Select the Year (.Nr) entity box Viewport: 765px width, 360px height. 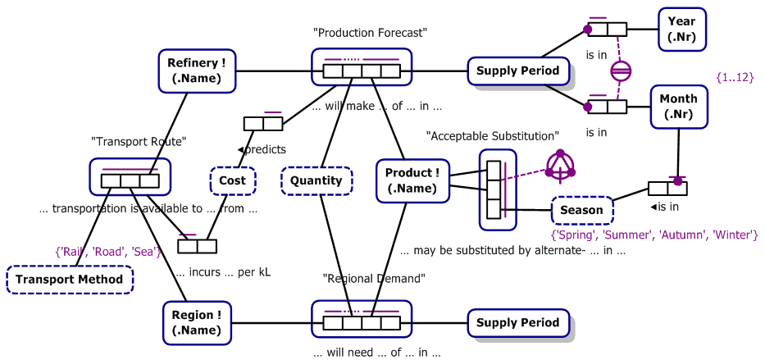point(681,30)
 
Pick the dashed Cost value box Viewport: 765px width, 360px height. point(232,180)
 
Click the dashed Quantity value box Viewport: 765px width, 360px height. point(316,180)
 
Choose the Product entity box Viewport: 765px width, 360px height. point(413,180)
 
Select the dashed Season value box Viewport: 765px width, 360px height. point(581,210)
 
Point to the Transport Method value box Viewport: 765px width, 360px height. point(70,279)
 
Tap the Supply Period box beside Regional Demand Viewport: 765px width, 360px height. point(517,322)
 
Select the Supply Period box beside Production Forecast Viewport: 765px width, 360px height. point(517,71)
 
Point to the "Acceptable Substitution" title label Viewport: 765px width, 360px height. point(492,135)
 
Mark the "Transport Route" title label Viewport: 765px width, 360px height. point(139,142)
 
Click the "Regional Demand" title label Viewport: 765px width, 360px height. point(374,278)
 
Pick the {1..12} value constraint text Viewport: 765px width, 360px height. point(734,77)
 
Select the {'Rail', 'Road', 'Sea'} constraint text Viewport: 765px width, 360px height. point(107,252)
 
